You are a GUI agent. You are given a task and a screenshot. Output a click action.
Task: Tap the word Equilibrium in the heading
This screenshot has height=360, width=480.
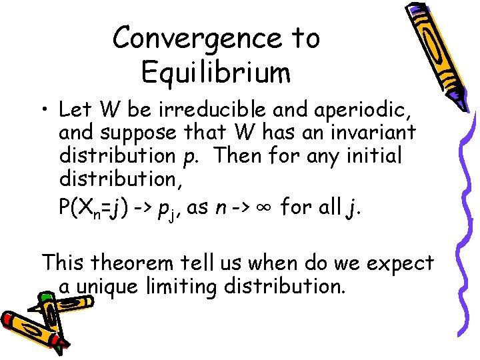(x=216, y=72)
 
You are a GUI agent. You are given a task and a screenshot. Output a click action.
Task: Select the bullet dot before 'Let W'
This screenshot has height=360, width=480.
(x=46, y=109)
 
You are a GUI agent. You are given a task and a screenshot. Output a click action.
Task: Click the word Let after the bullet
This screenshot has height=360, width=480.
(x=76, y=109)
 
